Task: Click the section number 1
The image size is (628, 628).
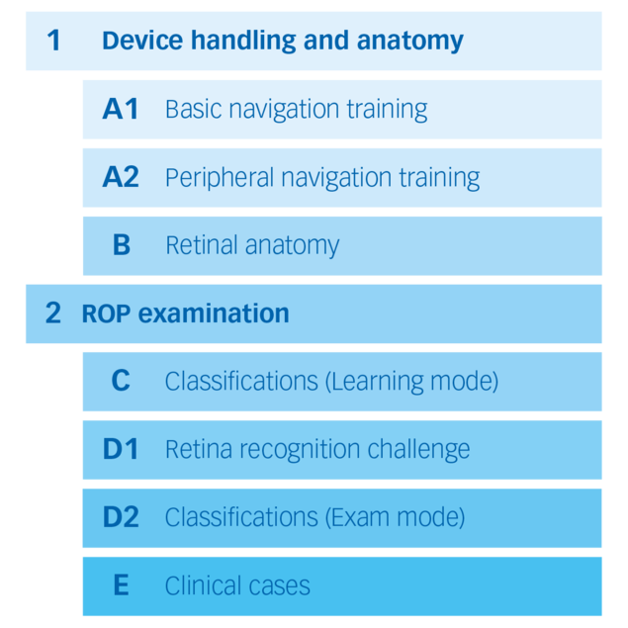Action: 53,41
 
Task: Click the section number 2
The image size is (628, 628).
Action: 53,314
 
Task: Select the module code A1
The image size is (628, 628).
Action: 121,109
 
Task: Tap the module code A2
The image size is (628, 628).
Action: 121,177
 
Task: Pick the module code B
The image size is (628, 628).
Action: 121,245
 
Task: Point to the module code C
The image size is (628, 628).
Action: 121,381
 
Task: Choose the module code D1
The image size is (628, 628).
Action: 121,449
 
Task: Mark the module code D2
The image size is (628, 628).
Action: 121,517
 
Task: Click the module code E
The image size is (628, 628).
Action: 121,585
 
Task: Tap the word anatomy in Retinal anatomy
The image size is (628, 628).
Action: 293,246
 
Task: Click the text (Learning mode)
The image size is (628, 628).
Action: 411,382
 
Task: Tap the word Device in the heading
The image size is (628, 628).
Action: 137,41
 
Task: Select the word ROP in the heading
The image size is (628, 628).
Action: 105,314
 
